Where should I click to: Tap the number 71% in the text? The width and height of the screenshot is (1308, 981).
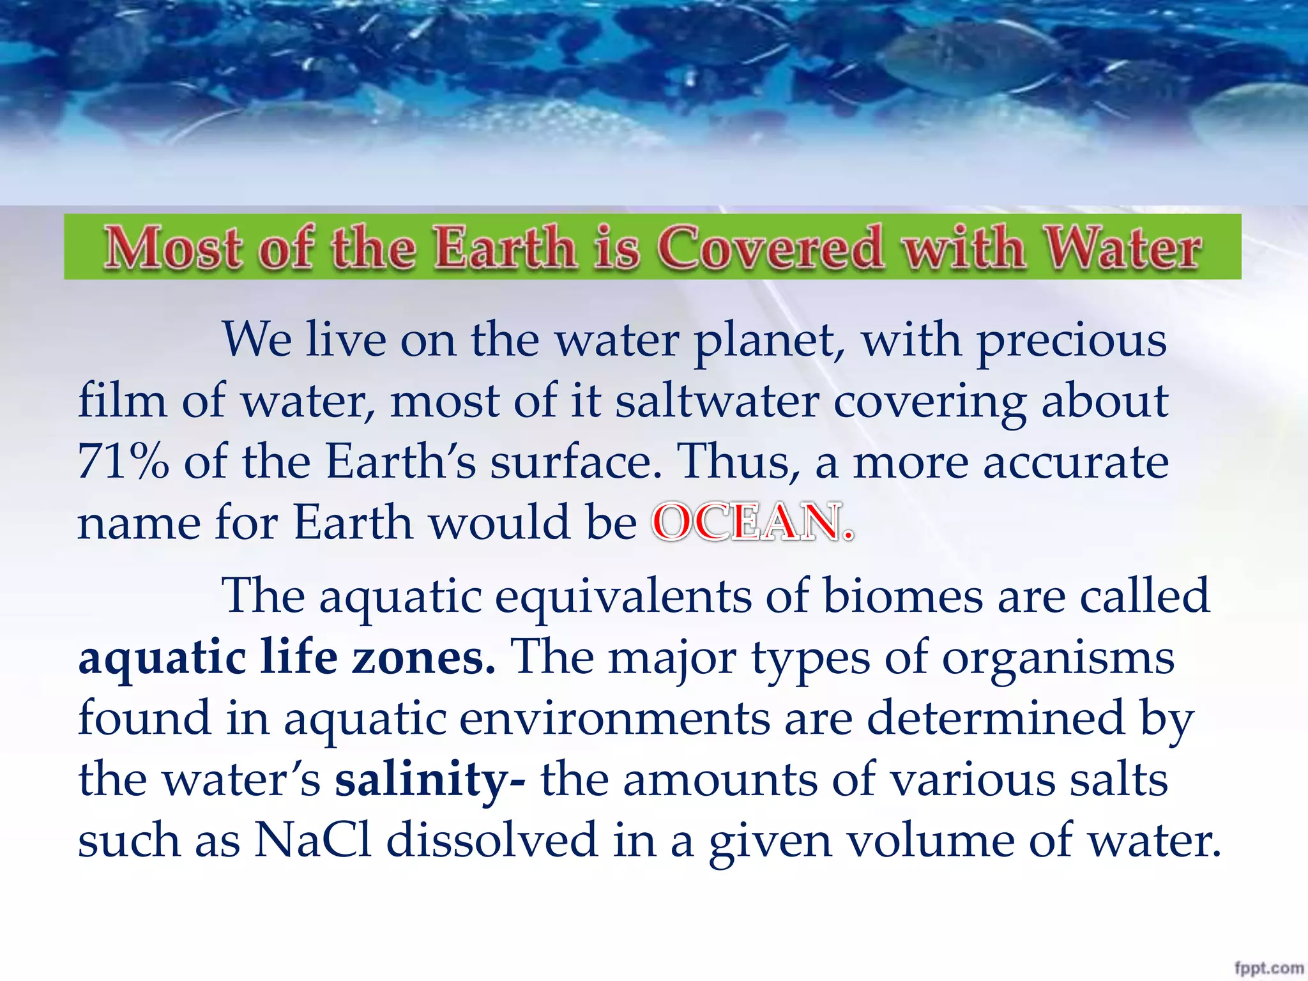point(123,462)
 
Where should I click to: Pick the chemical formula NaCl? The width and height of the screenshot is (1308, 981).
point(313,840)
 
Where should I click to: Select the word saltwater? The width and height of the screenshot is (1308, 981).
point(717,401)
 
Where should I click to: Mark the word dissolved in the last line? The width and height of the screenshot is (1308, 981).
point(492,840)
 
